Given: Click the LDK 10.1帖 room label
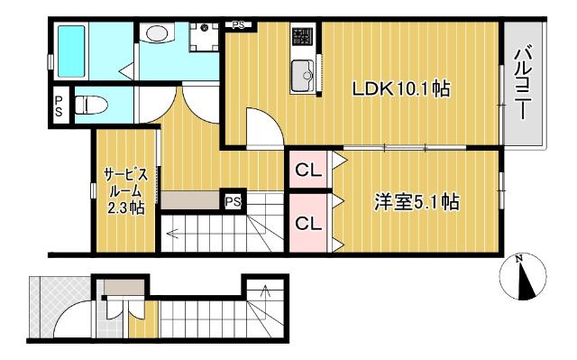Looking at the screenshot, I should point(401,90).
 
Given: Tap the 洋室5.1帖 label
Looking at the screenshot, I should point(417,202).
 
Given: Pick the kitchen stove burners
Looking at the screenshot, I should point(302,38).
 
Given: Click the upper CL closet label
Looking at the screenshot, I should point(307,168).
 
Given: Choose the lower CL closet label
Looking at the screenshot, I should point(307,223).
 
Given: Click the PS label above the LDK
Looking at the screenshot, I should point(238,25).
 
